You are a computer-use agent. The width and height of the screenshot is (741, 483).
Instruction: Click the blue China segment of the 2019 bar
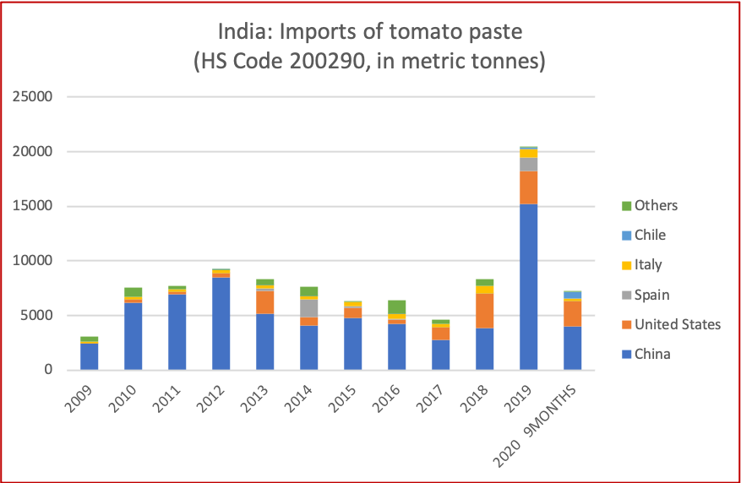pos(529,287)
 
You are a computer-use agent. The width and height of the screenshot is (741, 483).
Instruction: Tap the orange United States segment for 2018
pos(485,311)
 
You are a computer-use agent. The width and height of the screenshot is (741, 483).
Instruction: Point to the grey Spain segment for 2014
pos(309,308)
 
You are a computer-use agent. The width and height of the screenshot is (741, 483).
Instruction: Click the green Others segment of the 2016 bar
pos(397,307)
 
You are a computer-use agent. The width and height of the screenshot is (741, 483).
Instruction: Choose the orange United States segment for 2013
pos(265,302)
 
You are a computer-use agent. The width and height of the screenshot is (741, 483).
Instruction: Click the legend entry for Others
pos(656,205)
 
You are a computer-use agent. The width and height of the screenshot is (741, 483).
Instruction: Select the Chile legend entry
pos(650,235)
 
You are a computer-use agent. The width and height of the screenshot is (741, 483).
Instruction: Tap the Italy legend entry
pos(648,264)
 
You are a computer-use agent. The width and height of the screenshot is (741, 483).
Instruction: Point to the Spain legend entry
pos(651,295)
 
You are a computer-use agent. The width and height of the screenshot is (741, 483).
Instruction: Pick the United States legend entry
pos(677,324)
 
